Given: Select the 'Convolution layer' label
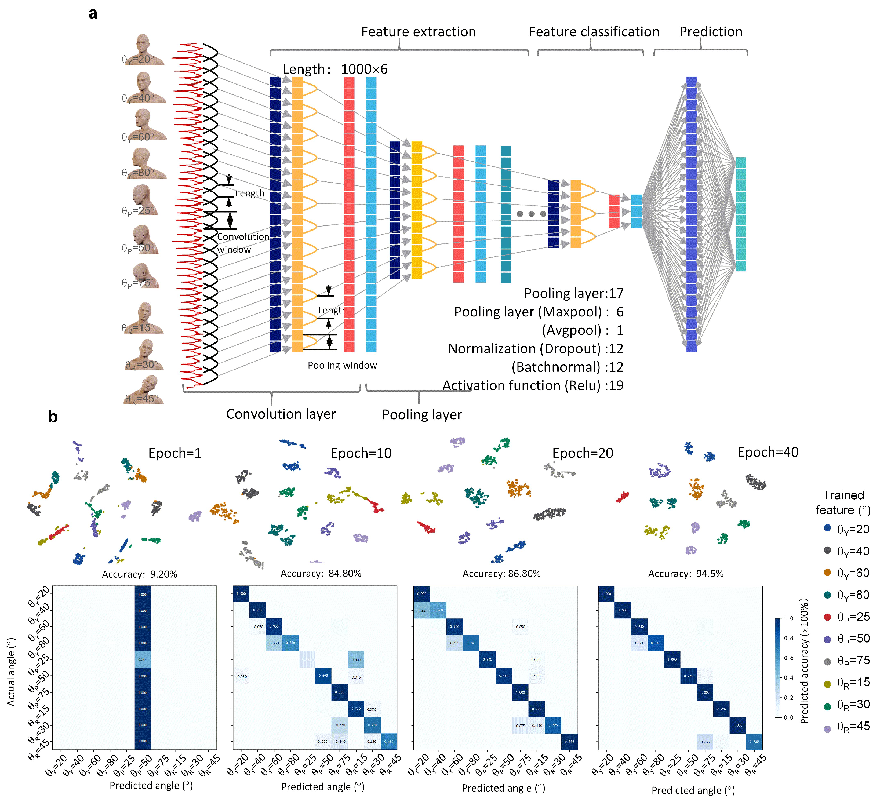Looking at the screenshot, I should coord(281,414).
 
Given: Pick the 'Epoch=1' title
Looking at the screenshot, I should coord(174,453).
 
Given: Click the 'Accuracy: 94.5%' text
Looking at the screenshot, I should coord(685,573).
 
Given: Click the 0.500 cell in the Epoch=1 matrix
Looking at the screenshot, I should coord(143,659).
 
